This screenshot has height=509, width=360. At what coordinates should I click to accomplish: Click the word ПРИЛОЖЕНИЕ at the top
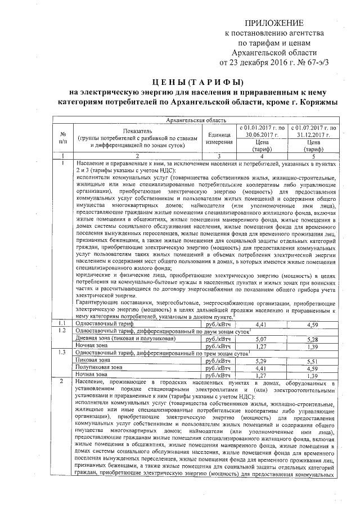click(x=274, y=23)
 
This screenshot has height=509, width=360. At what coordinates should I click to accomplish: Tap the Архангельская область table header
click(x=193, y=120)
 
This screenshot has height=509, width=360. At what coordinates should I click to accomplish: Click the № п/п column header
click(x=64, y=138)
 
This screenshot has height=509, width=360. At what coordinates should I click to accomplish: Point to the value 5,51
click(x=313, y=360)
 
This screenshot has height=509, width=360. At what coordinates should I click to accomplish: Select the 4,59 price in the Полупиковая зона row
click(x=313, y=367)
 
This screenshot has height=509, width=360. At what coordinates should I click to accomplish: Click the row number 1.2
click(x=64, y=332)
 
